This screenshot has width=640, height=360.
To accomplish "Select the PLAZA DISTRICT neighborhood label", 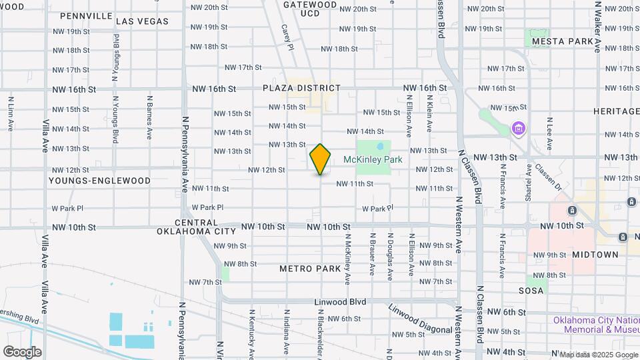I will pyautogui.click(x=301, y=88).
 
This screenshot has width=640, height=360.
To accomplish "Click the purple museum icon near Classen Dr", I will pyautogui.click(x=518, y=127).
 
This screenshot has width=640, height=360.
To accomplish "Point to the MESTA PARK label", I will pyautogui.click(x=562, y=41).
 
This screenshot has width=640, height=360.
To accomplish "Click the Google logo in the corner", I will pyautogui.click(x=22, y=351).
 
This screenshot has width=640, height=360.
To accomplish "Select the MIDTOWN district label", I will pyautogui.click(x=595, y=255).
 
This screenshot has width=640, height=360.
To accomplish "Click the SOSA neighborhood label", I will pyautogui.click(x=531, y=291).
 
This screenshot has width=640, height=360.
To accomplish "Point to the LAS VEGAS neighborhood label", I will pyautogui.click(x=142, y=21).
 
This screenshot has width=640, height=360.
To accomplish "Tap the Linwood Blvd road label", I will pyautogui.click(x=341, y=302).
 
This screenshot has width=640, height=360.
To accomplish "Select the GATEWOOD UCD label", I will pyautogui.click(x=310, y=9).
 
